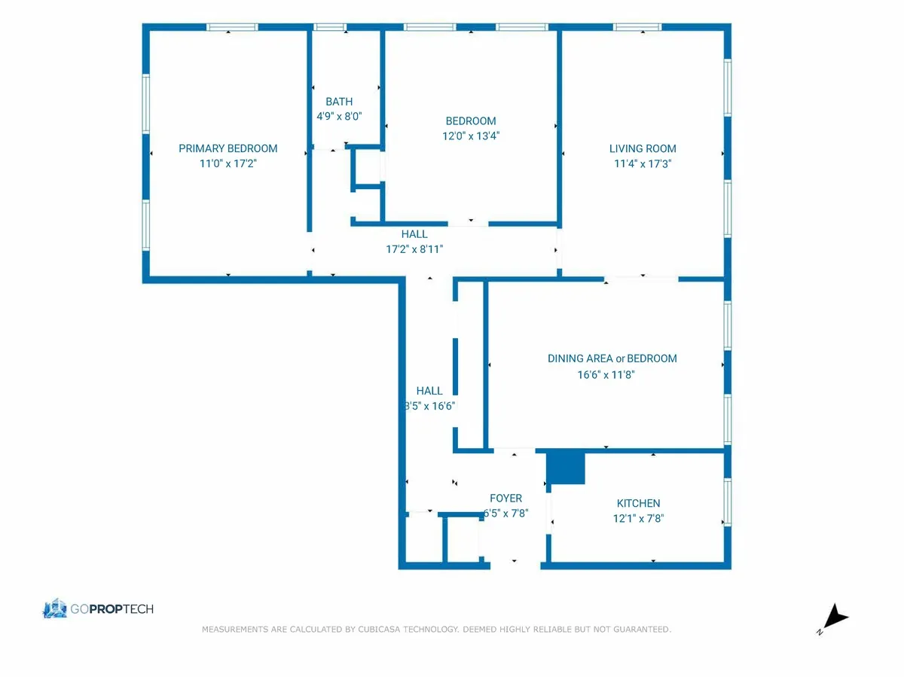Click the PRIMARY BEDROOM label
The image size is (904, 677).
(228, 148)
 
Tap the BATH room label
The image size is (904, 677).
(339, 102)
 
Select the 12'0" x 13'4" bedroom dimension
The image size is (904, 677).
(471, 136)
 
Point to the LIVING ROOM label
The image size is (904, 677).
(643, 148)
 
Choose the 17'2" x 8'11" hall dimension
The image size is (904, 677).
(414, 249)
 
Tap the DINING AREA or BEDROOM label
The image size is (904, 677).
(612, 358)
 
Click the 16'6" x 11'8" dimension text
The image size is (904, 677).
(606, 374)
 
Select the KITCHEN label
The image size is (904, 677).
(638, 503)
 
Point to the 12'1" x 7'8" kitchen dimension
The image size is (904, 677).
(638, 518)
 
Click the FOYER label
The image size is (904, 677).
(505, 498)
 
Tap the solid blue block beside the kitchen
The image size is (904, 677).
(566, 468)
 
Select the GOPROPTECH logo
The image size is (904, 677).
(99, 608)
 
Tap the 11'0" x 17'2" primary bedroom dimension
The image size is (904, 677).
(228, 163)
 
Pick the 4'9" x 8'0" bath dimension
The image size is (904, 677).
(339, 117)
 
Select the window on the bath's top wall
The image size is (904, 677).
(329, 27)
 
